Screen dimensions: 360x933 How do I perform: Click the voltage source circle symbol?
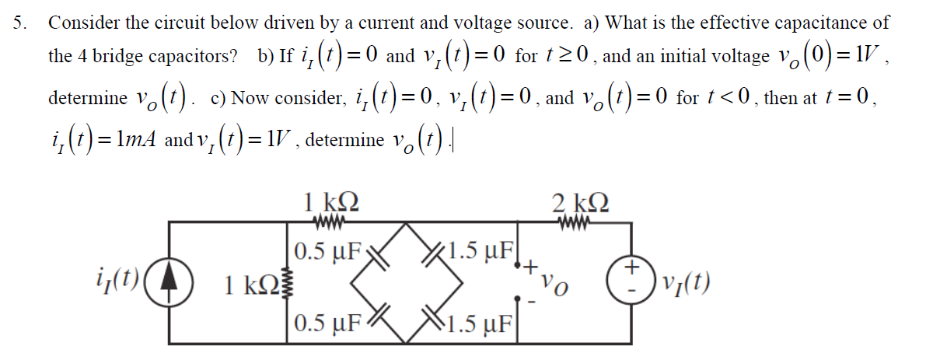coord(631,282)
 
